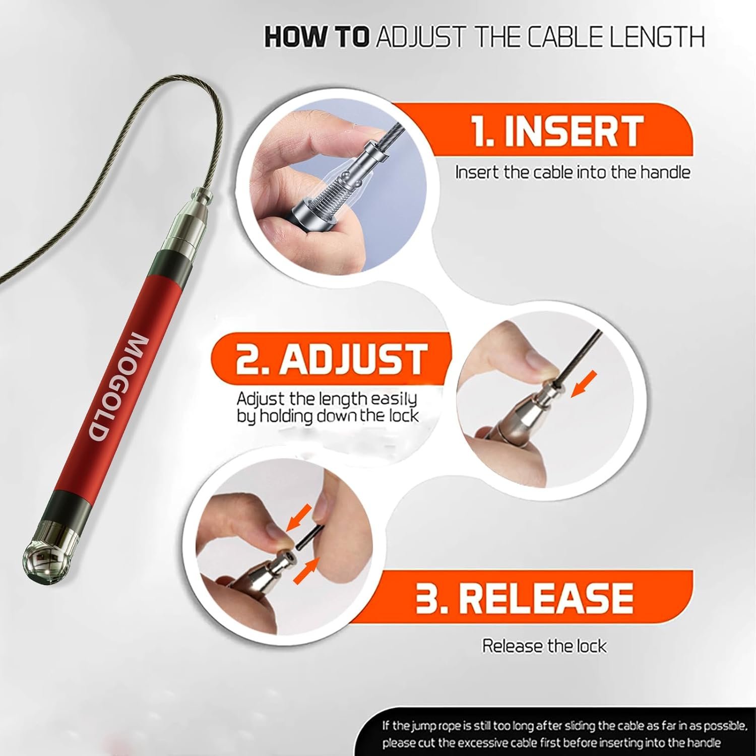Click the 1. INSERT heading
pyautogui.click(x=557, y=131)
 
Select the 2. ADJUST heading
pyautogui.click(x=331, y=359)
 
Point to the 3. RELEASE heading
pyautogui.click(x=524, y=597)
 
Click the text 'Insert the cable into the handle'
pyautogui.click(x=573, y=172)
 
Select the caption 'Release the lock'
pyautogui.click(x=545, y=646)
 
